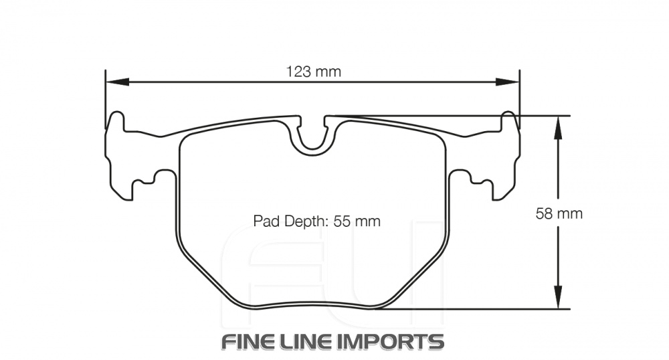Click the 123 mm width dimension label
pos(313,72)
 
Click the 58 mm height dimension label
pos(559,213)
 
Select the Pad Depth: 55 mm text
pos(316,221)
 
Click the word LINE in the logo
pos(313,341)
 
